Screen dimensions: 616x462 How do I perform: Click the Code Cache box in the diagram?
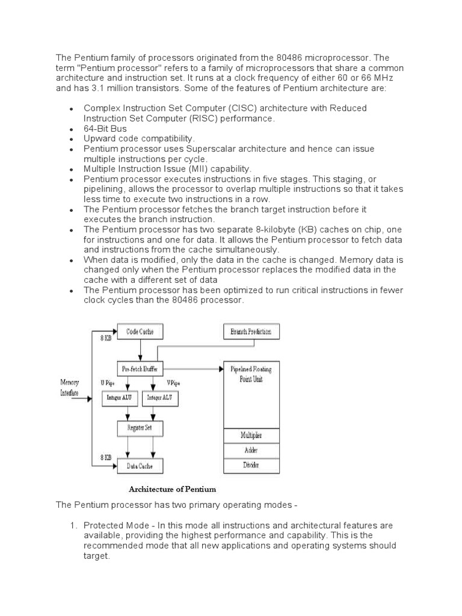point(139,331)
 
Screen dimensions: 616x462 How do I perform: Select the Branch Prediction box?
point(251,331)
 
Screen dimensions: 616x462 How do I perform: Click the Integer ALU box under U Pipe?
point(119,398)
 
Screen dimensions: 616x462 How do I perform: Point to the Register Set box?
point(139,428)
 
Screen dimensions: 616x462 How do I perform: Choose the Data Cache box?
point(139,465)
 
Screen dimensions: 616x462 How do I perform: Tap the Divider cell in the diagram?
point(251,465)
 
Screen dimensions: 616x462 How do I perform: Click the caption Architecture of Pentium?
point(172,489)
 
